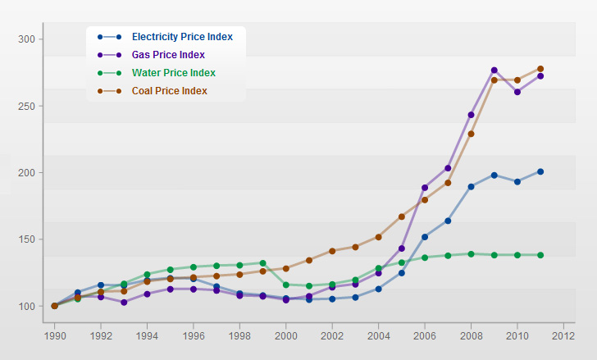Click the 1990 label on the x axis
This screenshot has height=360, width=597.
54,335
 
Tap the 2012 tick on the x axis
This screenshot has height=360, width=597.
563,335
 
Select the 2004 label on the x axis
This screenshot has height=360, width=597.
379,335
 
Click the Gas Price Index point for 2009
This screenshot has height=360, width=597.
494,71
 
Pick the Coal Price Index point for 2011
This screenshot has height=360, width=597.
540,69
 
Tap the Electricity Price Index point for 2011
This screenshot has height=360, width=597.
540,171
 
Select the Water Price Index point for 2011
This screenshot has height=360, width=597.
540,255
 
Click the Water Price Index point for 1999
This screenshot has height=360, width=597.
262,263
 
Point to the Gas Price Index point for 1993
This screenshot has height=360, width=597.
124,302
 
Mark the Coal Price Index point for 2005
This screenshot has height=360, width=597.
402,216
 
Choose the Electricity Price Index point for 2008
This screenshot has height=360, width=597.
472,187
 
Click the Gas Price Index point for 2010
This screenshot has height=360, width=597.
517,92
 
